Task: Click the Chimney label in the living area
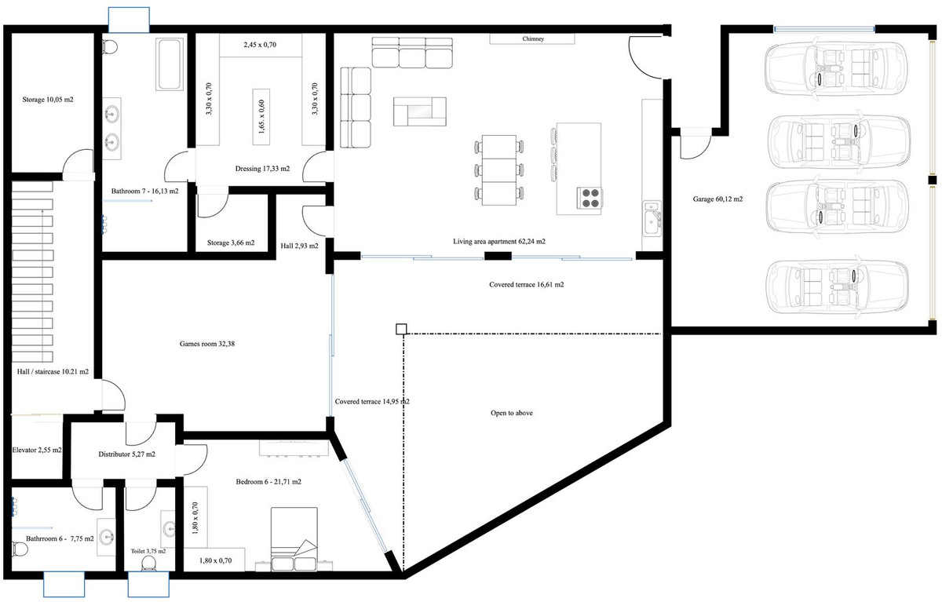coord(532,38)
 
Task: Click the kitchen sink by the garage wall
coord(651,217)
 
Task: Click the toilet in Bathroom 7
coord(110,46)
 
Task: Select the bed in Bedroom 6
coord(294,540)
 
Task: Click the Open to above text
coord(511,412)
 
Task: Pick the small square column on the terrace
coord(401,329)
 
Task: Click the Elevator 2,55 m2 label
coord(37,451)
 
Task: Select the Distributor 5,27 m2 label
coord(126,454)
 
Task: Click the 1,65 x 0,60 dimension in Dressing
coord(261,115)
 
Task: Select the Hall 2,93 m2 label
coord(299,246)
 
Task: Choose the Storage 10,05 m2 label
coord(48,100)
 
